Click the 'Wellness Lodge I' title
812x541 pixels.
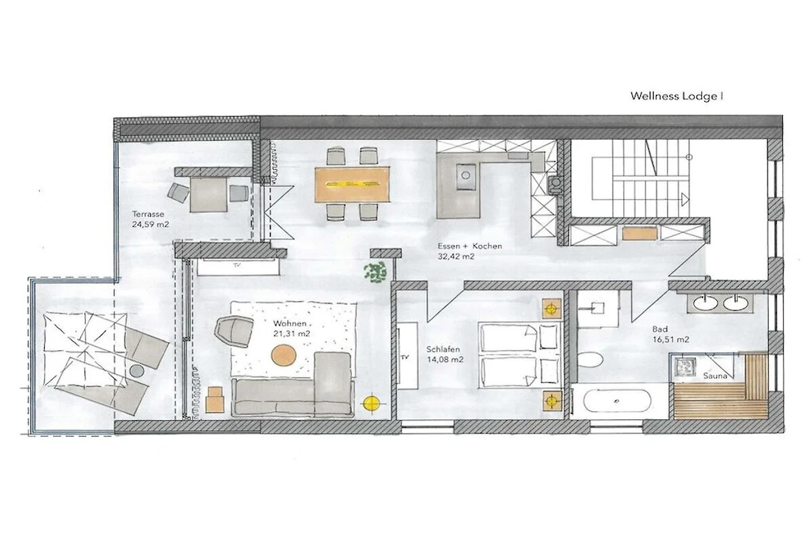tap(677, 97)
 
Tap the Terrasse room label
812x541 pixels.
tap(148, 214)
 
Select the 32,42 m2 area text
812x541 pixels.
tap(456, 256)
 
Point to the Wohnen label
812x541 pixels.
tap(290, 323)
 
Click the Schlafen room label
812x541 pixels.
tap(443, 350)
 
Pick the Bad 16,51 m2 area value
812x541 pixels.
tap(671, 339)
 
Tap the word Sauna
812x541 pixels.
tap(715, 376)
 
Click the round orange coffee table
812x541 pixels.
tap(284, 355)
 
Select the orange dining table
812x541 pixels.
tap(353, 185)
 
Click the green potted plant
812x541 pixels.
tap(375, 272)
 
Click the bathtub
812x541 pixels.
tap(617, 401)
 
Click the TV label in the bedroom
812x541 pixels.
tap(405, 357)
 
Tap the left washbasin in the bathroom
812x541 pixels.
tap(704, 303)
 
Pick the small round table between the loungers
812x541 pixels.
tap(137, 370)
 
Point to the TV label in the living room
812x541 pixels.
tap(237, 265)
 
